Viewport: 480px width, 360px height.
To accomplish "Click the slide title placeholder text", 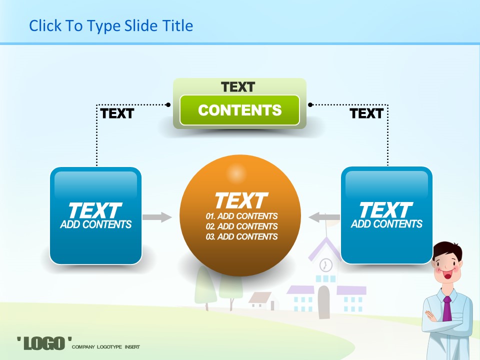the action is tap(111, 26).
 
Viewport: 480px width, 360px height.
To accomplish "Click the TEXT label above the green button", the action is tap(238, 87).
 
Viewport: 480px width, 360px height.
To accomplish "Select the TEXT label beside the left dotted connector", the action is tap(117, 113).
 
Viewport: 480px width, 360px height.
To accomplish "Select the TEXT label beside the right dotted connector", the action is tap(366, 113).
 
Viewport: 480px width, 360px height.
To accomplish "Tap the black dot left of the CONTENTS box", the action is tap(168, 104).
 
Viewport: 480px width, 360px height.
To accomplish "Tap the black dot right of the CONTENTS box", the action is tap(310, 104).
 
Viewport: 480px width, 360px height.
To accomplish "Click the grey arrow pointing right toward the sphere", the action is tap(157, 217).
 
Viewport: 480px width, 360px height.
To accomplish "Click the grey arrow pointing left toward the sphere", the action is tap(324, 217).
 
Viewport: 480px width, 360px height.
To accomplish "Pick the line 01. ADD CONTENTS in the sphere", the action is tap(241, 216).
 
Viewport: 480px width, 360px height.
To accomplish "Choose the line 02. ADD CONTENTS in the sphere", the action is tap(241, 226).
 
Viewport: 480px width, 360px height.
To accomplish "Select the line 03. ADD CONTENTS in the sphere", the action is tap(241, 236).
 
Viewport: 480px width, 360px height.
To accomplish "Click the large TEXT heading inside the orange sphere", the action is tap(241, 200).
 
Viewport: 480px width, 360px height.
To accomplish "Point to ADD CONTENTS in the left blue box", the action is tap(96, 224).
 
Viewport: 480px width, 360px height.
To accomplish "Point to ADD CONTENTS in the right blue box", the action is tap(386, 224).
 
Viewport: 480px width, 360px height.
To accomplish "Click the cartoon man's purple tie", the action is tap(447, 308).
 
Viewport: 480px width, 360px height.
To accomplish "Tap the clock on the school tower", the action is tap(325, 265).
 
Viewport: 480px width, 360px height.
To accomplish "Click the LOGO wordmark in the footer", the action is tap(44, 343).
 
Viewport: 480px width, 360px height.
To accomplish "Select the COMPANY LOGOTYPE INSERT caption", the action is tap(106, 347).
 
